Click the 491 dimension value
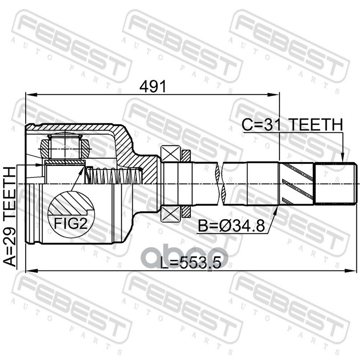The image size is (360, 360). tap(153, 86)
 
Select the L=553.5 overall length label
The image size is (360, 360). tap(190, 263)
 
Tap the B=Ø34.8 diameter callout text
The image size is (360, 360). tap(231, 226)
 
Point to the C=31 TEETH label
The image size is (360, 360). tap(292, 125)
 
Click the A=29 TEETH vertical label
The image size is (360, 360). tap(10, 217)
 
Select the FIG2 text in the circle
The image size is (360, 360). tap(71, 223)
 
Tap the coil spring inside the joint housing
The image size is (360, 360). tap(114, 176)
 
